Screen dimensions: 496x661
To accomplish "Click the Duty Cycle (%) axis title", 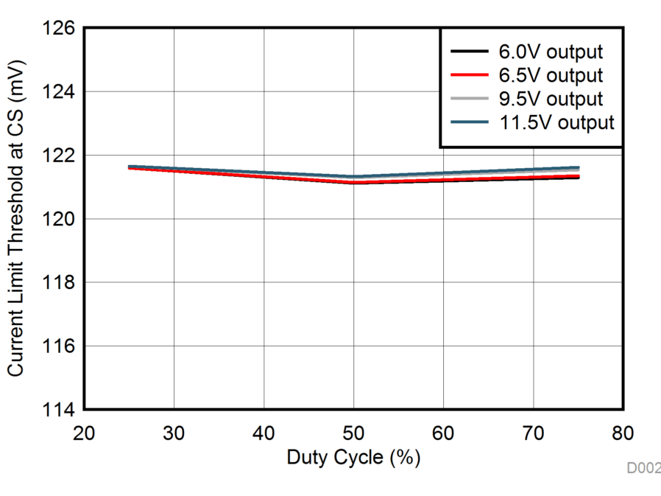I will (353, 458).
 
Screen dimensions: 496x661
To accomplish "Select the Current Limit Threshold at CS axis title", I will (16, 219).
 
